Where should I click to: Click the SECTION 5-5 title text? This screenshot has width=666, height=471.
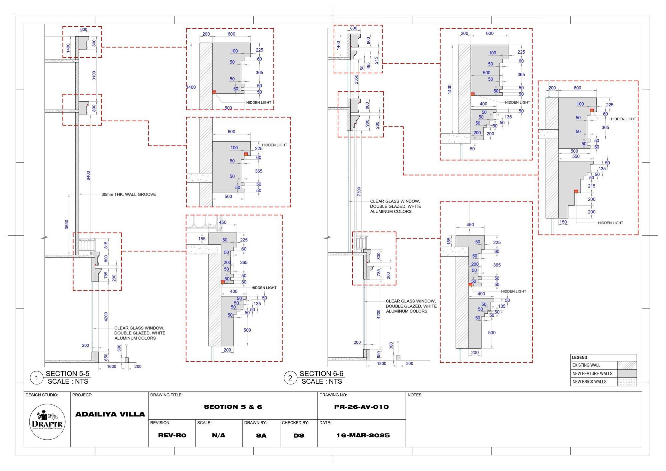click(x=68, y=373)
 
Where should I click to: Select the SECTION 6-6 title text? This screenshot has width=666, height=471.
click(x=321, y=373)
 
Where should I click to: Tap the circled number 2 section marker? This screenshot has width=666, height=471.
click(x=290, y=378)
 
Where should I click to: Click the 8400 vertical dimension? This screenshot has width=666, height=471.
click(x=88, y=176)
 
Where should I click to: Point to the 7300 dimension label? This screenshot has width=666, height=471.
click(x=359, y=192)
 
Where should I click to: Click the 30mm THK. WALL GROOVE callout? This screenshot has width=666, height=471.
click(x=129, y=195)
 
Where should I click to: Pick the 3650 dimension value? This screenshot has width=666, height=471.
click(x=67, y=225)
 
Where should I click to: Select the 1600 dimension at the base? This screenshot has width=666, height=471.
click(x=112, y=366)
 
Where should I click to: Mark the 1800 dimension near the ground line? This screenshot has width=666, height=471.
click(x=382, y=363)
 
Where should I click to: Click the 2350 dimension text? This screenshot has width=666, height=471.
click(x=356, y=80)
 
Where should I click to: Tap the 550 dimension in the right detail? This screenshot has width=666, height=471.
click(x=575, y=156)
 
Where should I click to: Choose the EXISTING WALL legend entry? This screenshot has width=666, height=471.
click(x=586, y=365)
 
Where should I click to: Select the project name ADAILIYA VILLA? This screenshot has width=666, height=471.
click(x=110, y=414)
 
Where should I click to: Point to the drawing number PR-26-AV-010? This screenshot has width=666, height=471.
click(x=361, y=407)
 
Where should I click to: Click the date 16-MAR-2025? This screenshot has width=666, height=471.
click(x=363, y=435)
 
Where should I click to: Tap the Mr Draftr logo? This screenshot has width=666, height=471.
click(x=47, y=422)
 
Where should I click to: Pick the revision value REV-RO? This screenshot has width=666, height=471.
click(x=172, y=435)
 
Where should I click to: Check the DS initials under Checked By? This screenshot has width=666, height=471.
click(x=299, y=435)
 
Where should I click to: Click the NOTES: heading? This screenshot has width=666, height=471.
click(x=415, y=395)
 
